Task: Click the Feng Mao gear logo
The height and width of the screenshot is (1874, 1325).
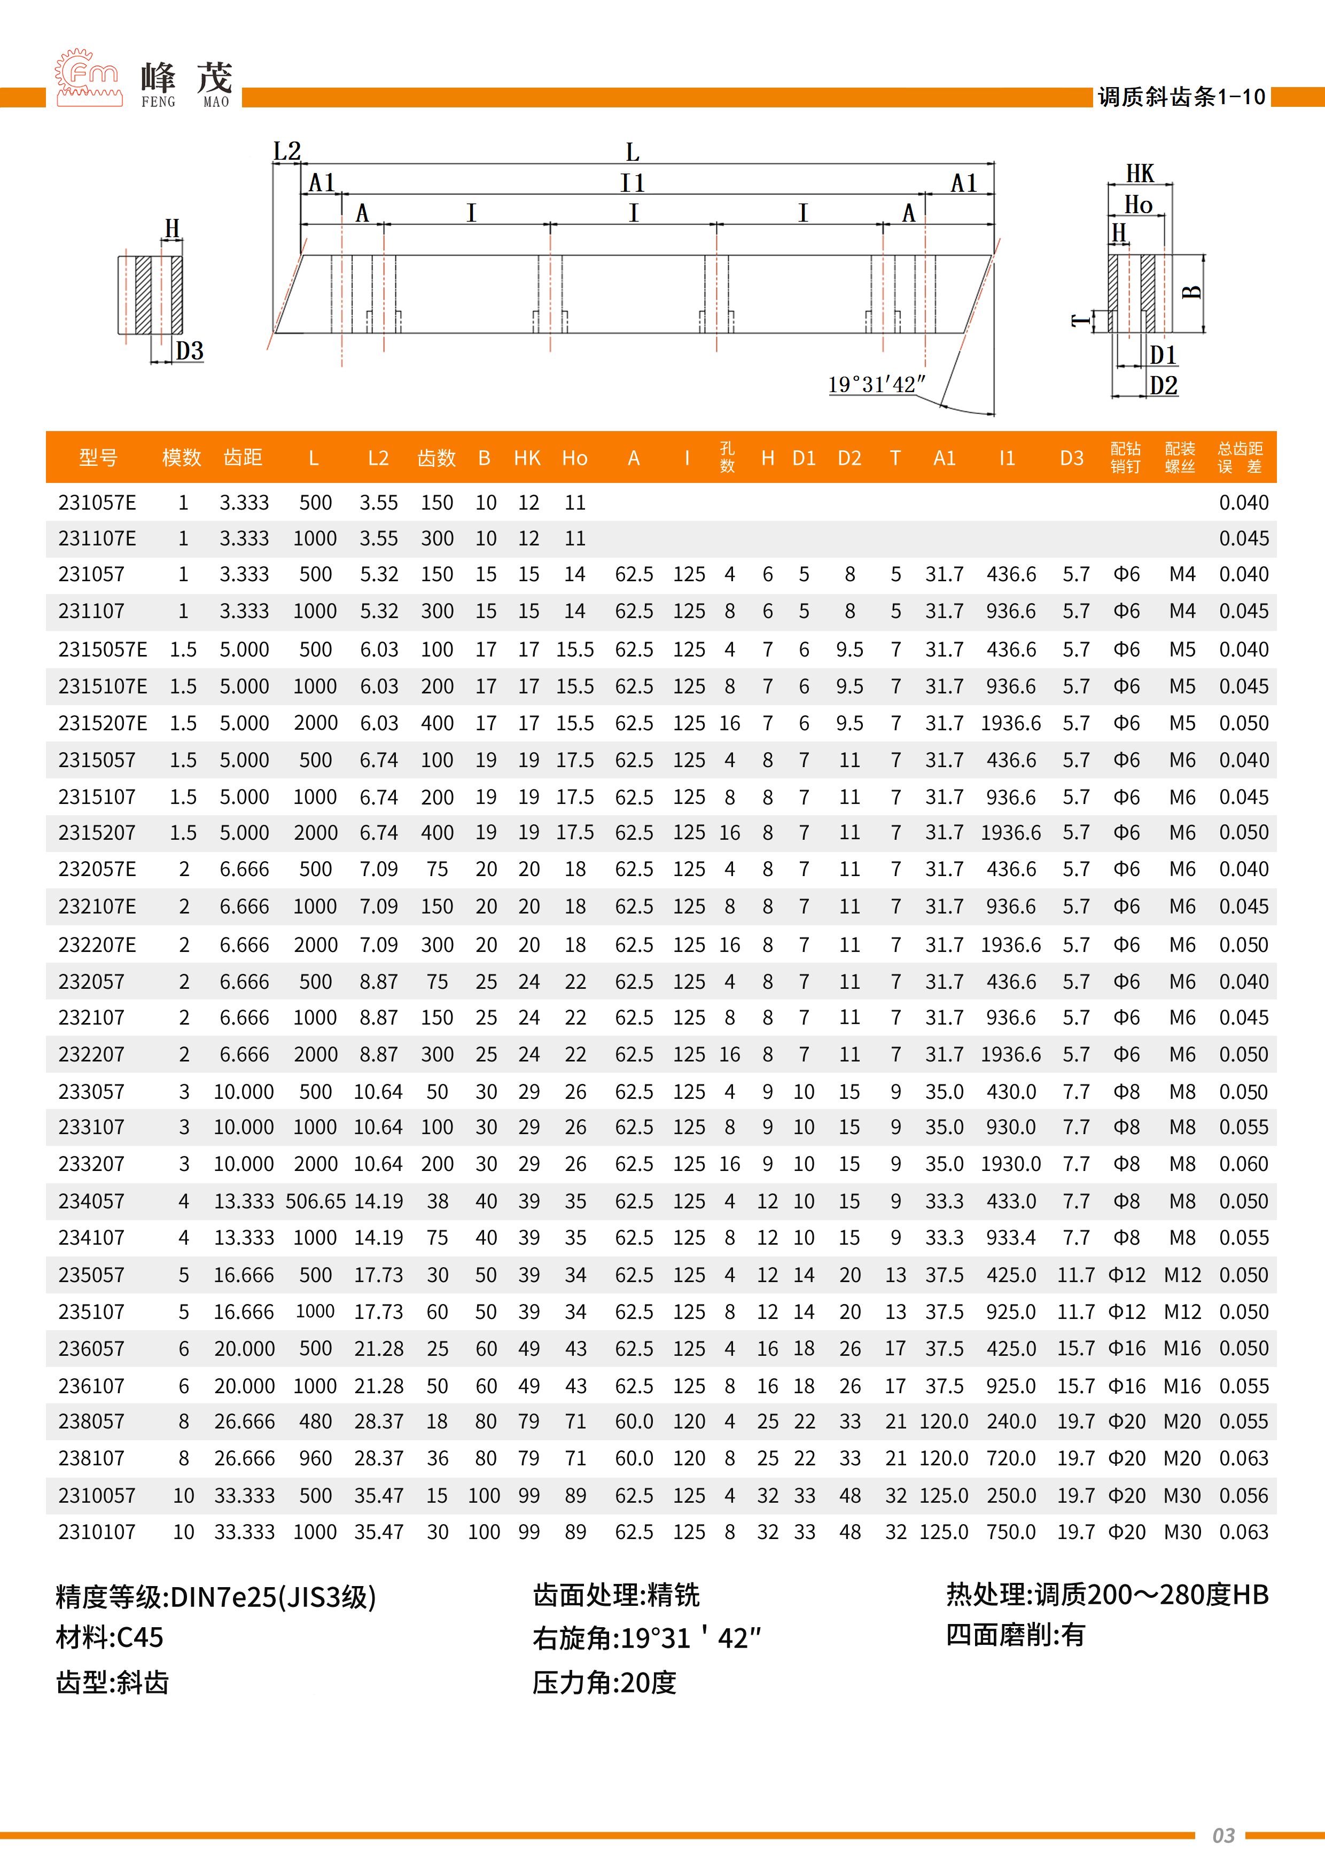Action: (x=88, y=79)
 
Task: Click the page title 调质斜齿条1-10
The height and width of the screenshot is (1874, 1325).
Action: (x=1181, y=97)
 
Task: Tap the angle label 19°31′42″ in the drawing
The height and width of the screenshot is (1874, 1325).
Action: (x=876, y=385)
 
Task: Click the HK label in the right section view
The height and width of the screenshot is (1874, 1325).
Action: (x=1139, y=174)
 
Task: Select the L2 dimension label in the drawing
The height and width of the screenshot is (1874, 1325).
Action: (x=286, y=152)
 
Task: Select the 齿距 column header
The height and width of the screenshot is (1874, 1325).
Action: (x=243, y=458)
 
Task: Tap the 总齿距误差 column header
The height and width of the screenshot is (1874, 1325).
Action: (x=1240, y=458)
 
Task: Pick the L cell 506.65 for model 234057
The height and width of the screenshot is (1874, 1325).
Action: (x=315, y=1201)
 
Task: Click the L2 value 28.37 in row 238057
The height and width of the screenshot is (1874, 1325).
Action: (x=378, y=1422)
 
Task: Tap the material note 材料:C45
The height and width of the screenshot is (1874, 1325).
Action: (x=110, y=1638)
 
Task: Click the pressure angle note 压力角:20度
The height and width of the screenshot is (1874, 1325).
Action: (x=604, y=1682)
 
